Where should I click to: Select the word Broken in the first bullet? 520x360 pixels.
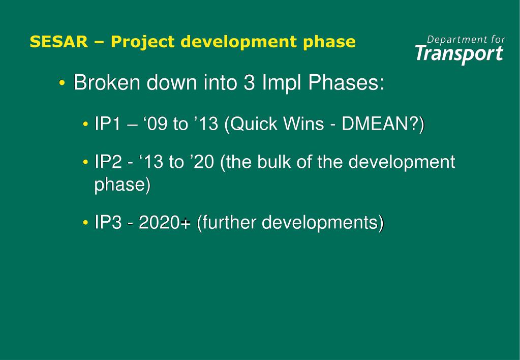[x=106, y=82]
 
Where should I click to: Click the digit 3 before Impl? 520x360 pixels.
[x=249, y=82]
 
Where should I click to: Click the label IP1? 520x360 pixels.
[x=106, y=124]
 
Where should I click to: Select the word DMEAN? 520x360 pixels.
[x=381, y=124]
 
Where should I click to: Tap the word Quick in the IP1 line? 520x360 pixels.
[x=252, y=124]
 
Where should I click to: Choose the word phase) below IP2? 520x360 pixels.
[x=123, y=185]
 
